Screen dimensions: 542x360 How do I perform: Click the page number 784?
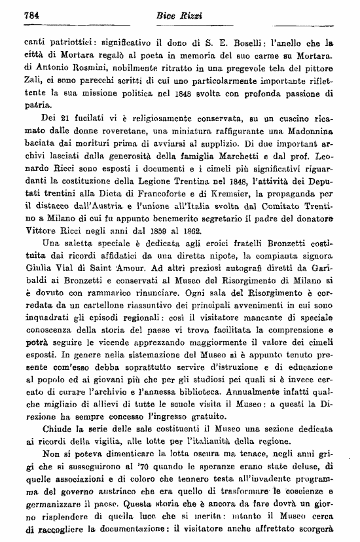point(33,15)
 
